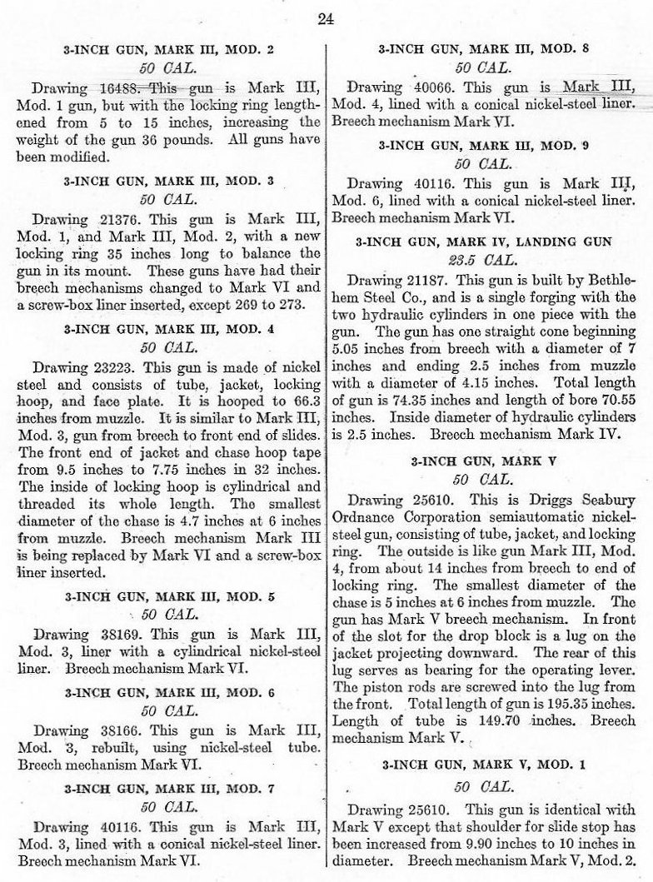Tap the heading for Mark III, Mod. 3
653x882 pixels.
click(x=164, y=180)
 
